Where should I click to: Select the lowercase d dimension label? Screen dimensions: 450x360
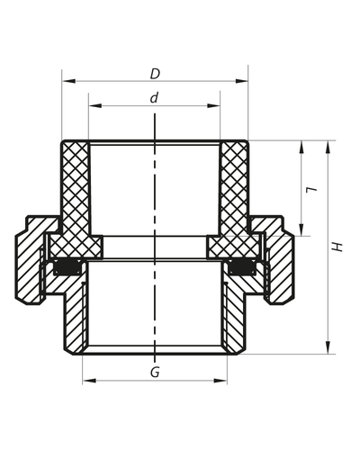click(155, 96)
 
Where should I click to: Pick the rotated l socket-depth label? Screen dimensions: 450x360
click(310, 190)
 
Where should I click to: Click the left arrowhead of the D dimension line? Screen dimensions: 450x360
click(66, 81)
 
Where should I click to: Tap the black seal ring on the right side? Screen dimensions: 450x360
click(241, 267)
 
